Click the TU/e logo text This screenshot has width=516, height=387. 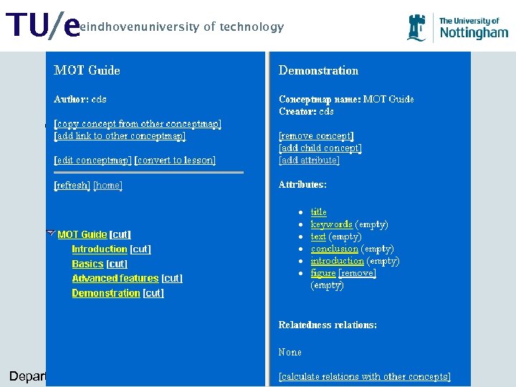tap(42, 27)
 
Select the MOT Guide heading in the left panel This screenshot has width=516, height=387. tap(87, 70)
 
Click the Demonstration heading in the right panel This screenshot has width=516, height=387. tap(318, 70)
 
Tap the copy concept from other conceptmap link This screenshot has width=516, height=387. tap(138, 123)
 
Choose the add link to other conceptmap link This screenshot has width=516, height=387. tap(120, 135)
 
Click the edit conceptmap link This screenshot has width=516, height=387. tap(93, 160)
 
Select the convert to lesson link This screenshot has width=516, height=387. tap(176, 160)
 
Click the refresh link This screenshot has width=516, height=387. tap(72, 185)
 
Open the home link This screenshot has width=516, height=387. tap(108, 185)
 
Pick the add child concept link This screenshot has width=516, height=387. tap(320, 148)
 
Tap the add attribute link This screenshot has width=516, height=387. tap(309, 160)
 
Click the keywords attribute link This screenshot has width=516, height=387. tap(331, 224)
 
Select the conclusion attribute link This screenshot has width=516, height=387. tap(334, 249)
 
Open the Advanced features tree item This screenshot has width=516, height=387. tap(115, 278)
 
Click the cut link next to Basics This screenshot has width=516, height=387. tap(117, 264)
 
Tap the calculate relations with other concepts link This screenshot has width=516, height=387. tap(365, 376)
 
